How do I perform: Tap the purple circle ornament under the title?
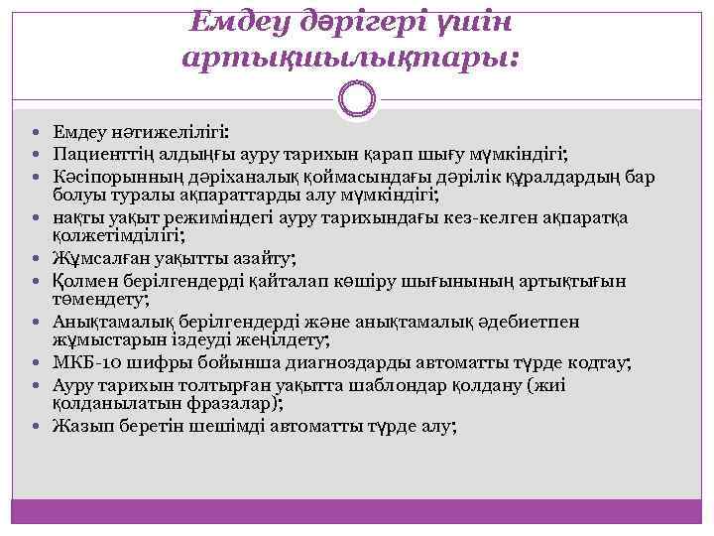(x=357, y=99)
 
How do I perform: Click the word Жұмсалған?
(x=97, y=259)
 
